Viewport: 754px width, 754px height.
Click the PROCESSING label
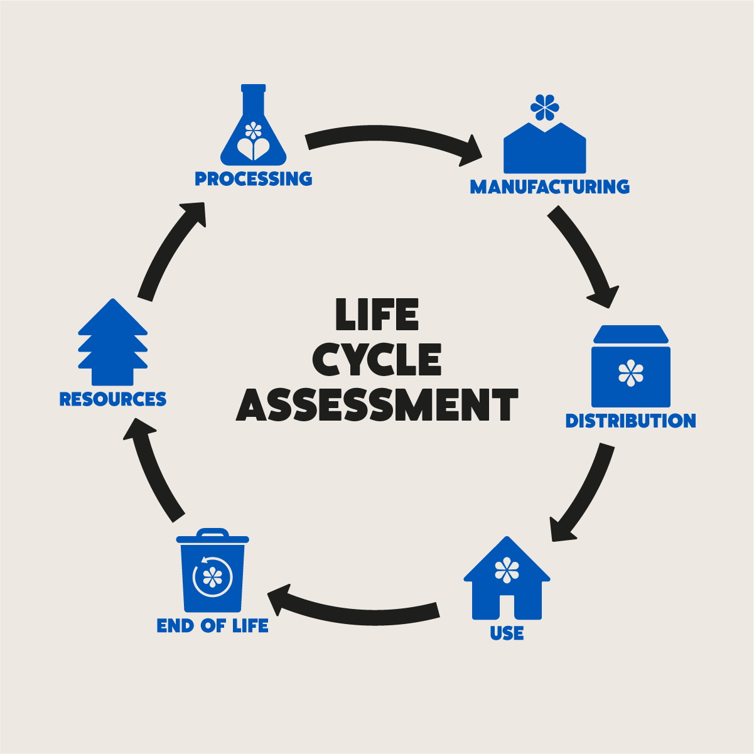pyautogui.click(x=253, y=179)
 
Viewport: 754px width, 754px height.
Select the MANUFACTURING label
pyautogui.click(x=549, y=187)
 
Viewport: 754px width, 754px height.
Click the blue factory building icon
pyautogui.click(x=545, y=151)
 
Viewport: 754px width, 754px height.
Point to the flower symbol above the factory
pyautogui.click(x=544, y=107)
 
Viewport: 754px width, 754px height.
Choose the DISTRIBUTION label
pyautogui.click(x=630, y=421)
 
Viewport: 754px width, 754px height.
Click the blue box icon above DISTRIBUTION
pyautogui.click(x=631, y=370)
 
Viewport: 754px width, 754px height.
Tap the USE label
pyautogui.click(x=507, y=633)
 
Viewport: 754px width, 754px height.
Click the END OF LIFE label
pyautogui.click(x=212, y=626)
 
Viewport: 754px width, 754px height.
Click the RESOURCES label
pyautogui.click(x=113, y=399)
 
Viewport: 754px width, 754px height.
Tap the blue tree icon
pyautogui.click(x=113, y=345)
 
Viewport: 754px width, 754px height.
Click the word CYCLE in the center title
pyautogui.click(x=377, y=360)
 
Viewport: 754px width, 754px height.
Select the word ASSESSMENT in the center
pyautogui.click(x=377, y=405)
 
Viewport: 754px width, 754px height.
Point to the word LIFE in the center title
pyautogui.click(x=377, y=315)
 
